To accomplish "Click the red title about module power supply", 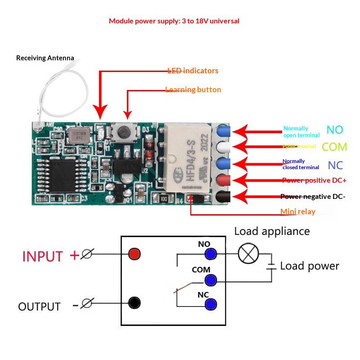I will pyautogui.click(x=174, y=21).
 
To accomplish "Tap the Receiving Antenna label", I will pyautogui.click(x=45, y=58).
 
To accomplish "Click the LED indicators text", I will pyautogui.click(x=193, y=71).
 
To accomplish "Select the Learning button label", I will pyautogui.click(x=193, y=90).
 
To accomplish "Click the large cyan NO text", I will pyautogui.click(x=335, y=130).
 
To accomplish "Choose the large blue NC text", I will pyautogui.click(x=335, y=165).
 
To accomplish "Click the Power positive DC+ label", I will pyautogui.click(x=314, y=180).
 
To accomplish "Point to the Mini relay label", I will pyautogui.click(x=298, y=211).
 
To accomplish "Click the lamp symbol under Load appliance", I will pyautogui.click(x=248, y=253).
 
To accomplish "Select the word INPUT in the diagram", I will pyautogui.click(x=43, y=256).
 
